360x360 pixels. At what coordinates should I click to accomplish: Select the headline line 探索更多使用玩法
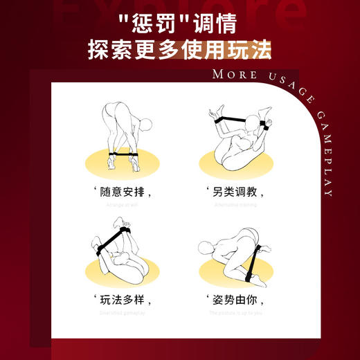(179, 51)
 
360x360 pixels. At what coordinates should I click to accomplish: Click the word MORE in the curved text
(232, 75)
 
